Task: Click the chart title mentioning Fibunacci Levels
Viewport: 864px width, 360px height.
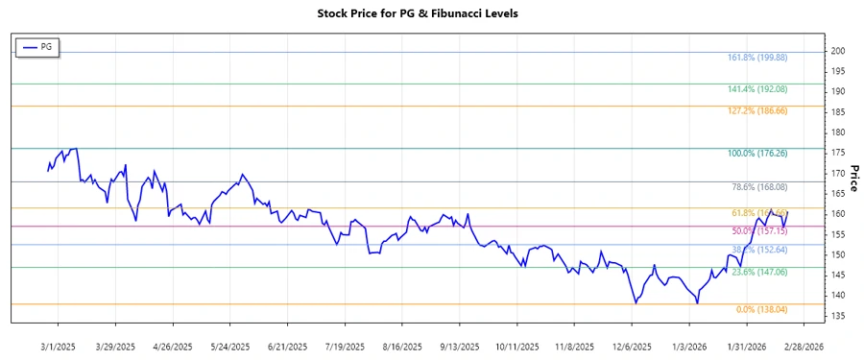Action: pos(430,14)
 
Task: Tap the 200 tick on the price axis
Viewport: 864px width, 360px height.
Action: pos(838,50)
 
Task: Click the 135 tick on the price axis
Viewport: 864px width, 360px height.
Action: pos(838,317)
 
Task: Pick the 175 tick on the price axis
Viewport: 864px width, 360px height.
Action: pos(838,153)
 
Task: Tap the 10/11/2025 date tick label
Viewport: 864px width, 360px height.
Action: pos(519,346)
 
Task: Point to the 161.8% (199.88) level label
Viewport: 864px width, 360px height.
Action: pos(758,58)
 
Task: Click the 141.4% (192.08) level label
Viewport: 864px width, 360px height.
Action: pos(758,88)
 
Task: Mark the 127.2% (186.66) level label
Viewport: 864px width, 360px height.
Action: pos(758,110)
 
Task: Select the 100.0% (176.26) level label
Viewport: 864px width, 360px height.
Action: pos(758,153)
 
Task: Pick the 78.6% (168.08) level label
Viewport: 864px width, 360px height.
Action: pos(760,186)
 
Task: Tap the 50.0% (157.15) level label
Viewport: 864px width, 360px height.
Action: pos(760,231)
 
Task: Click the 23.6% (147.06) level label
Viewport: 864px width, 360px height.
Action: pos(760,273)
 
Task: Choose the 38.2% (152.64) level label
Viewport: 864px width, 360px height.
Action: pos(760,250)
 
